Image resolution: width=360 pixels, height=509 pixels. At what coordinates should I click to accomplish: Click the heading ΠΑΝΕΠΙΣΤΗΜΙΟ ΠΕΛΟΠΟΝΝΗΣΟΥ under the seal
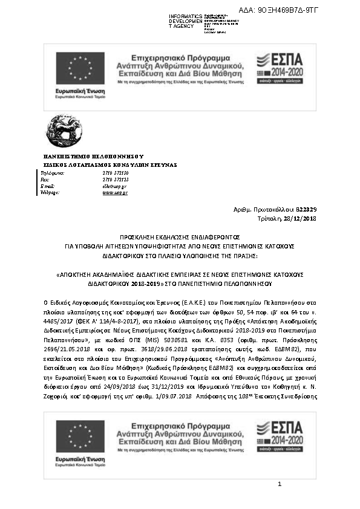coord(93,156)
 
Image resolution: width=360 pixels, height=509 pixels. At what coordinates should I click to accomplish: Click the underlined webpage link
coord(114,193)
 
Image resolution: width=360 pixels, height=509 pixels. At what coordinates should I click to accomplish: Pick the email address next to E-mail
coord(115,186)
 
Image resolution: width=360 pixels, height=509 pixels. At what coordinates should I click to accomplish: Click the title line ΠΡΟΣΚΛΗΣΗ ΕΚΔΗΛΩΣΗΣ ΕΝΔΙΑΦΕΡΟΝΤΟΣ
coord(180,238)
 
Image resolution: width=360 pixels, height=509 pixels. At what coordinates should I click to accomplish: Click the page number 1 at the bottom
coord(280,484)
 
